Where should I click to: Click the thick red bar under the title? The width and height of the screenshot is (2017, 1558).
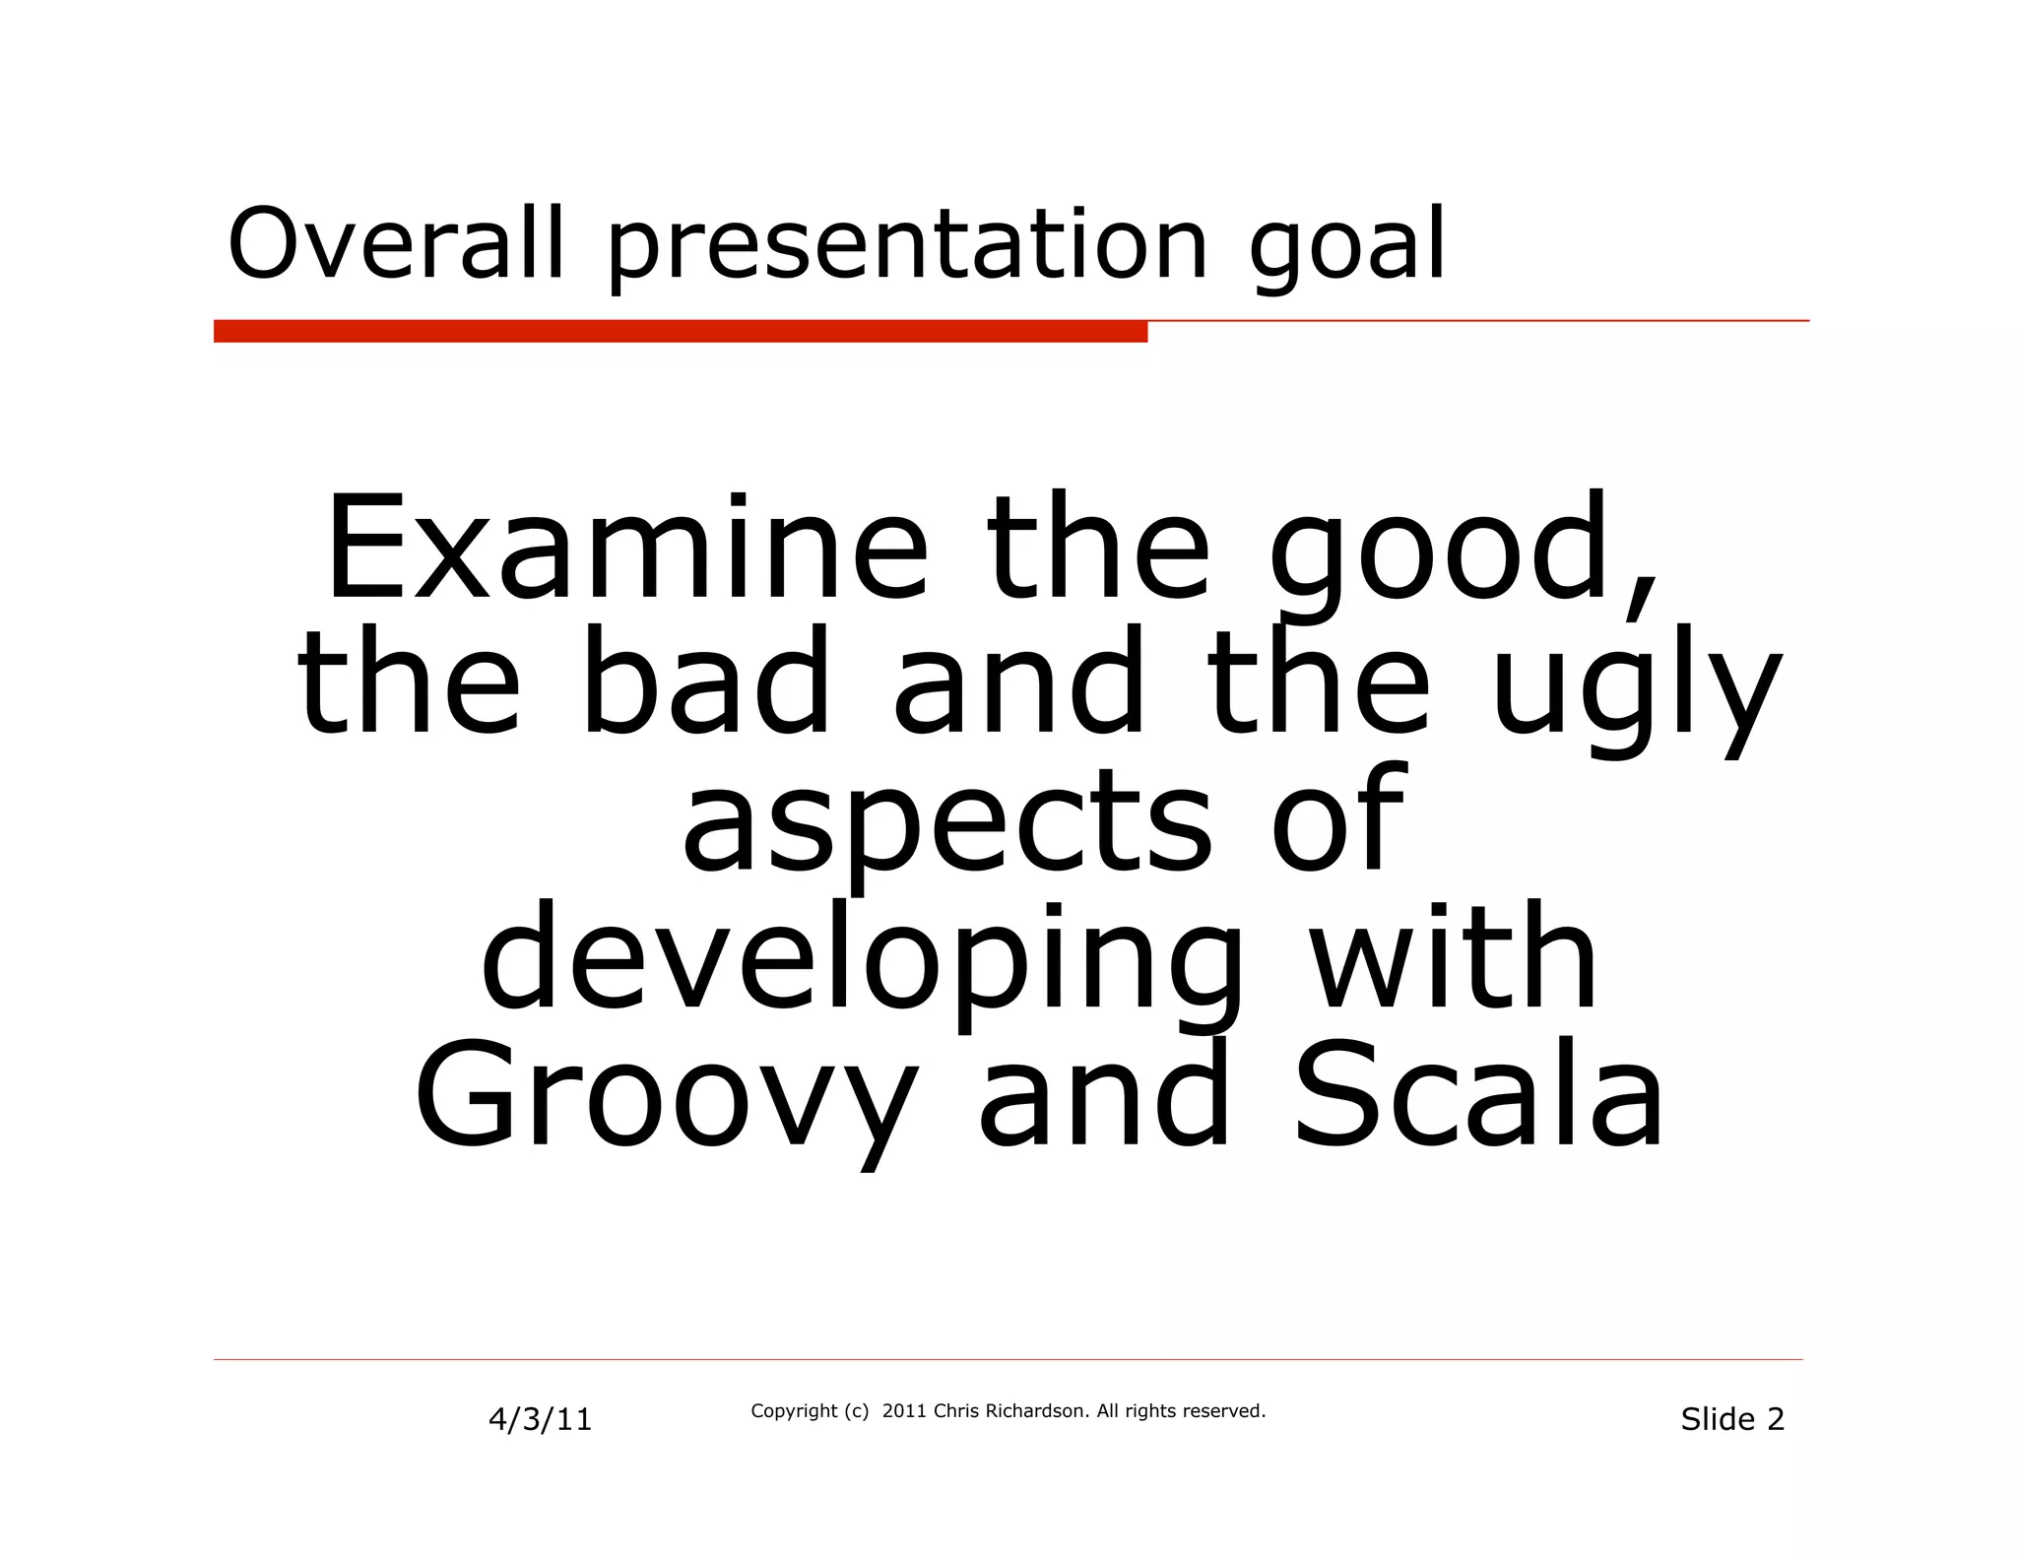tap(680, 332)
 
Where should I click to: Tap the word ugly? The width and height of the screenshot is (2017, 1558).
tap(1636, 689)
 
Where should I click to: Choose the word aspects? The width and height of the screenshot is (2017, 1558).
tap(945, 822)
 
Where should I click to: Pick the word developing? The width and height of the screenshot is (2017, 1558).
tap(862, 960)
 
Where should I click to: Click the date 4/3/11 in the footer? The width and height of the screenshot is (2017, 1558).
tap(540, 1419)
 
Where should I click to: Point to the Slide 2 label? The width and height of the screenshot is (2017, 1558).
tap(1731, 1419)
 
